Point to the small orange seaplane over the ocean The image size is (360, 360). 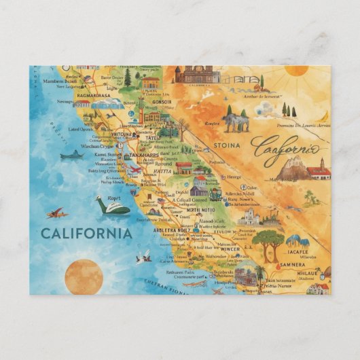[x=57, y=213]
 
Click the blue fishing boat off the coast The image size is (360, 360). [x=71, y=156]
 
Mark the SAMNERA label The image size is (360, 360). [x=293, y=264]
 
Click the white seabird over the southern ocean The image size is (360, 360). [x=143, y=257]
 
